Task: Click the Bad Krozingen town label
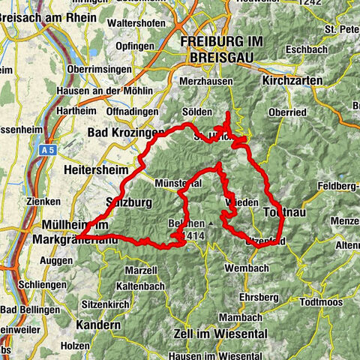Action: (125, 133)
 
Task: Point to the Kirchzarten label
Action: (292, 79)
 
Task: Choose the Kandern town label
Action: (97, 325)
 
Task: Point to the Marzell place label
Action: (141, 270)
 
